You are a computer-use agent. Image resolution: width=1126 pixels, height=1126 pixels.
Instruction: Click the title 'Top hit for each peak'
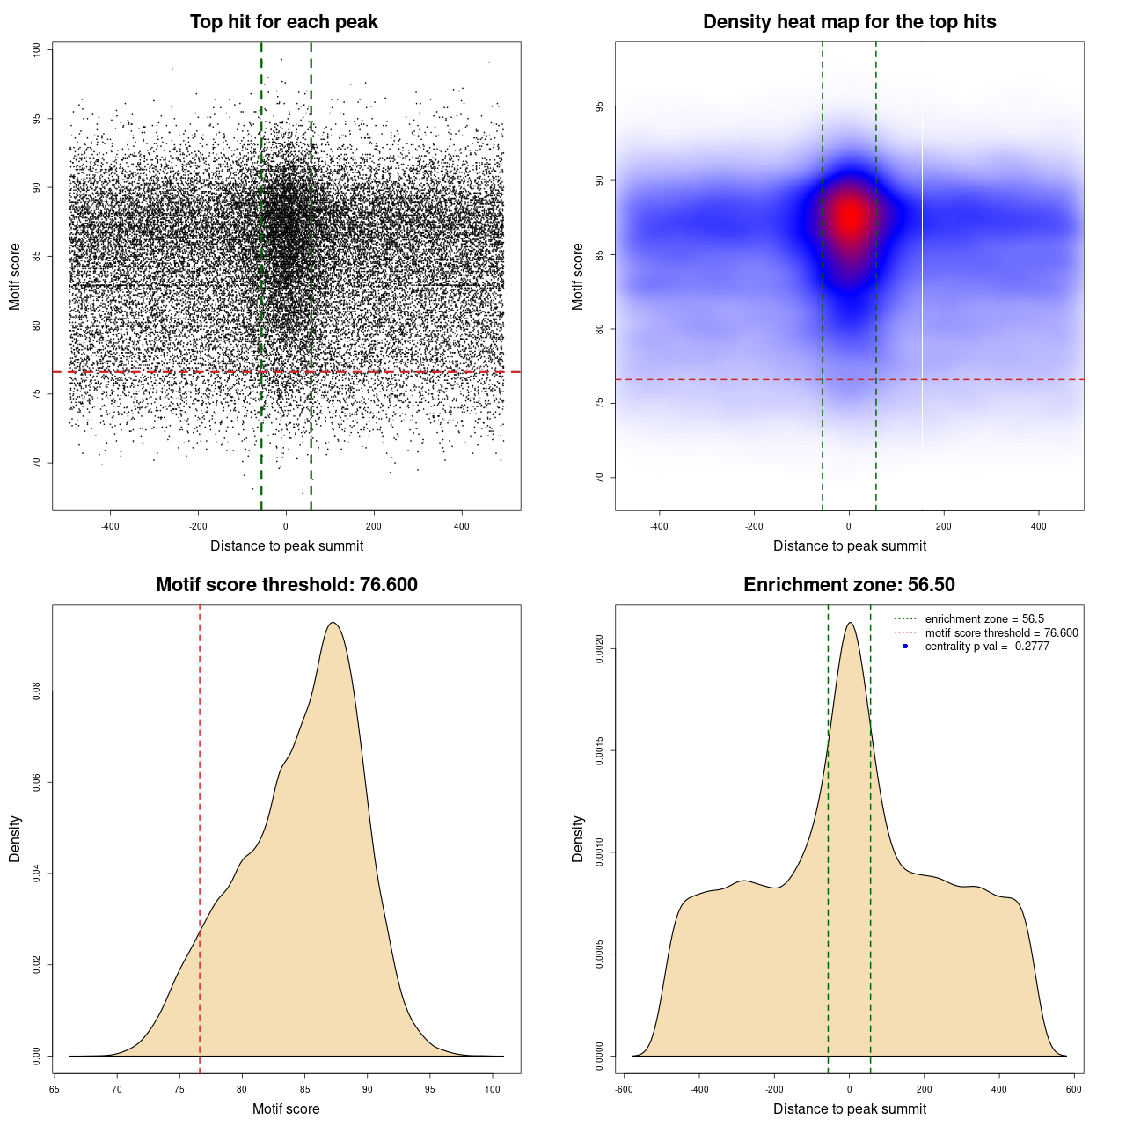[283, 22]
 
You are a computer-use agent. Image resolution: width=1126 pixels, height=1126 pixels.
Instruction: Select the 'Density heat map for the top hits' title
[849, 22]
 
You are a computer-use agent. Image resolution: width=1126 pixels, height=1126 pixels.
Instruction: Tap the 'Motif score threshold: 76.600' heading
[286, 585]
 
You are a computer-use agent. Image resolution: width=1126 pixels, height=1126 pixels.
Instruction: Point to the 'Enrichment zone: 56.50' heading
[849, 585]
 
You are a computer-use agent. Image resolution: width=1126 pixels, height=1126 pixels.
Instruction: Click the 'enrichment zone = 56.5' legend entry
[984, 619]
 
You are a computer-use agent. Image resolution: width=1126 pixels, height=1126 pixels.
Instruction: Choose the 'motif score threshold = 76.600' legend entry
[1001, 632]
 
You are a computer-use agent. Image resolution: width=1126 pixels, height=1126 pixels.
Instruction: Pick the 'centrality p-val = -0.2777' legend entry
[987, 647]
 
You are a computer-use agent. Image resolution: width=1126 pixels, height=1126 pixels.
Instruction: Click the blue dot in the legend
[905, 647]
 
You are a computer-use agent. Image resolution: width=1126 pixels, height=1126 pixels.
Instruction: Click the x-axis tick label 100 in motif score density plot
[493, 1089]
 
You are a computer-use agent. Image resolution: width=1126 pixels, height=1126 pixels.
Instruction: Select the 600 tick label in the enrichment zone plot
[1073, 1089]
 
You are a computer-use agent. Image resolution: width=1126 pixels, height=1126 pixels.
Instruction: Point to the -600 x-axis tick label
[624, 1089]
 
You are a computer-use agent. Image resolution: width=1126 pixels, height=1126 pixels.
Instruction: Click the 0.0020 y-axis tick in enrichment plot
[599, 649]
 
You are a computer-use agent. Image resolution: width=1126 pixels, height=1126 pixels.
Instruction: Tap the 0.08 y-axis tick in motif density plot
[36, 691]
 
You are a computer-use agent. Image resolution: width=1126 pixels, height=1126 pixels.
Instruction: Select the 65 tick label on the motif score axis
[55, 1089]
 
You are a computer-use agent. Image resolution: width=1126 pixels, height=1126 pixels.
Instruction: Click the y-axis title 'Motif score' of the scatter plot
[15, 276]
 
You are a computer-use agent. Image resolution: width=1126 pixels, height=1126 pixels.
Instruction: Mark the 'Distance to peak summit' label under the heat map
[849, 545]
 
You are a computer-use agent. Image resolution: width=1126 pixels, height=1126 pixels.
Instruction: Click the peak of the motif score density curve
[333, 623]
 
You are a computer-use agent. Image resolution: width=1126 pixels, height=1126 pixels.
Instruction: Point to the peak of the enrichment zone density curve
[849, 623]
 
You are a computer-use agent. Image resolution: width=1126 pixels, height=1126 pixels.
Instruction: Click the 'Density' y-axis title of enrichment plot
[578, 838]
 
